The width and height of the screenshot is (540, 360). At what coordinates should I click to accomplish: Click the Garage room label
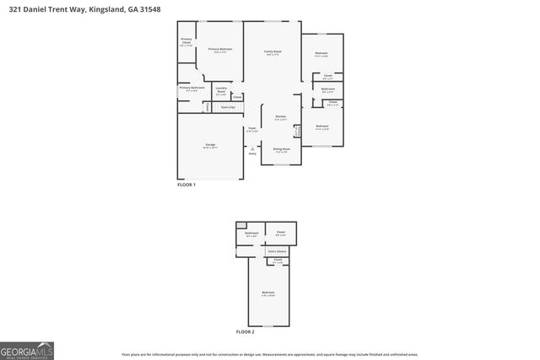209,145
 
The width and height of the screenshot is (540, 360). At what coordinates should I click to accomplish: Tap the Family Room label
273,51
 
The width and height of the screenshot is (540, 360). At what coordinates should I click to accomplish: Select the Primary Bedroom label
220,50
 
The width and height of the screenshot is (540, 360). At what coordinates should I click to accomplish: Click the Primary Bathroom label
192,88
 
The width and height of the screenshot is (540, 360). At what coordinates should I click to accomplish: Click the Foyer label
251,128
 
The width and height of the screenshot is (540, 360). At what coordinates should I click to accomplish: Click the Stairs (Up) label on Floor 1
227,107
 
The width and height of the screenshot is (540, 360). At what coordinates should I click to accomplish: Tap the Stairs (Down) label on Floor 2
278,251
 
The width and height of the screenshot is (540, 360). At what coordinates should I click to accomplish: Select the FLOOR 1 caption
186,184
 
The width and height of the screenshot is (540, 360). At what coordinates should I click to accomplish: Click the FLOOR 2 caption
245,331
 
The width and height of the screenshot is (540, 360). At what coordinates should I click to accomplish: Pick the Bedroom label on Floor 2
267,293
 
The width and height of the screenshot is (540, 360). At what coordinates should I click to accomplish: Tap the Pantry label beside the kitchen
297,131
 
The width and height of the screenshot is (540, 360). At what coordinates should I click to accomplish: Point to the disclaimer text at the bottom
269,355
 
